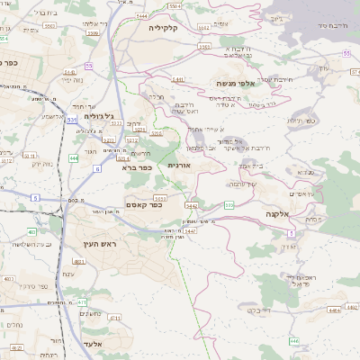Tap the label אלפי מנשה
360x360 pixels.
pyautogui.click(x=232, y=83)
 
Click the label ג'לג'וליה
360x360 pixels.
pyautogui.click(x=98, y=116)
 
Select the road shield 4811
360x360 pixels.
pyautogui.click(x=78, y=262)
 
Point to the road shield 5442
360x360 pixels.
pyautogui.click(x=191, y=205)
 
